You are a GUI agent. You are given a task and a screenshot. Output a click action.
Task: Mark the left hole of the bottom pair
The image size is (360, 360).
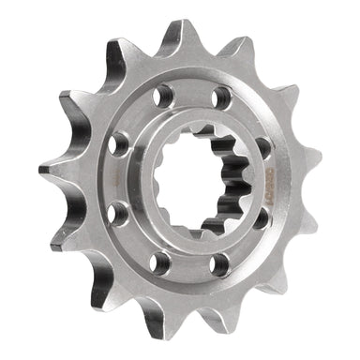(161, 262)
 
